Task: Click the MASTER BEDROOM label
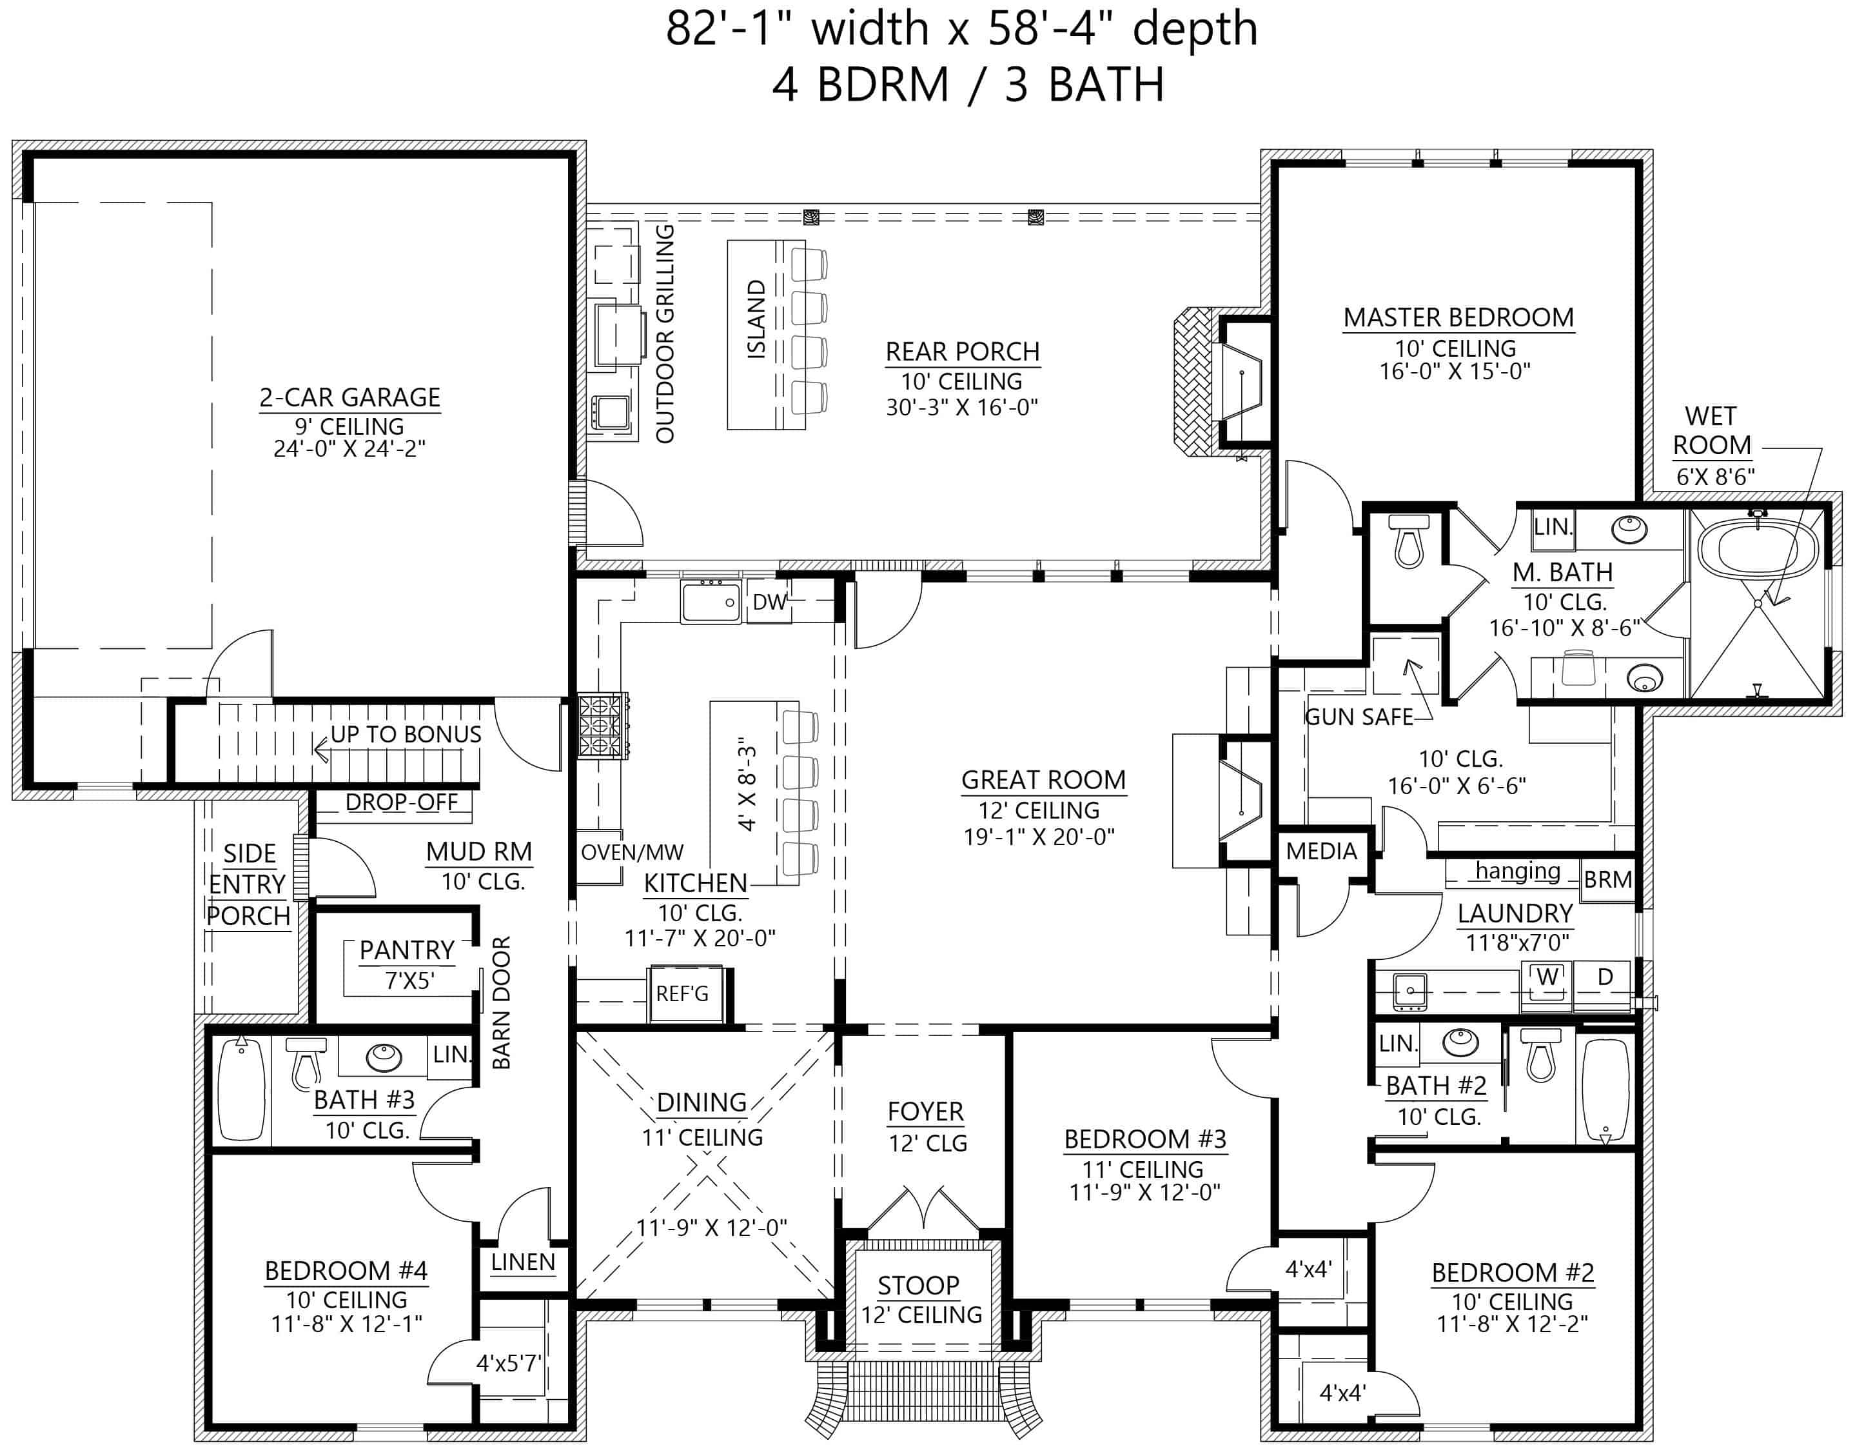[1458, 317]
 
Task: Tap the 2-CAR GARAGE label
[349, 397]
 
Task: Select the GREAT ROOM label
[1043, 780]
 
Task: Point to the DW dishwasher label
[769, 602]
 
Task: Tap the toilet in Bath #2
[1541, 1053]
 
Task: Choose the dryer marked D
[1605, 978]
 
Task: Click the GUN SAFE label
[1359, 717]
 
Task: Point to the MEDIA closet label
[1322, 850]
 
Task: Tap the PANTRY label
[407, 950]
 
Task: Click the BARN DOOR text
[501, 1003]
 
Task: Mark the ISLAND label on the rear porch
[756, 319]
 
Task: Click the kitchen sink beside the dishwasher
[711, 602]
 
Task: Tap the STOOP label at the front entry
[918, 1284]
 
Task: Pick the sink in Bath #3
[384, 1057]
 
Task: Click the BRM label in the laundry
[1607, 879]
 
